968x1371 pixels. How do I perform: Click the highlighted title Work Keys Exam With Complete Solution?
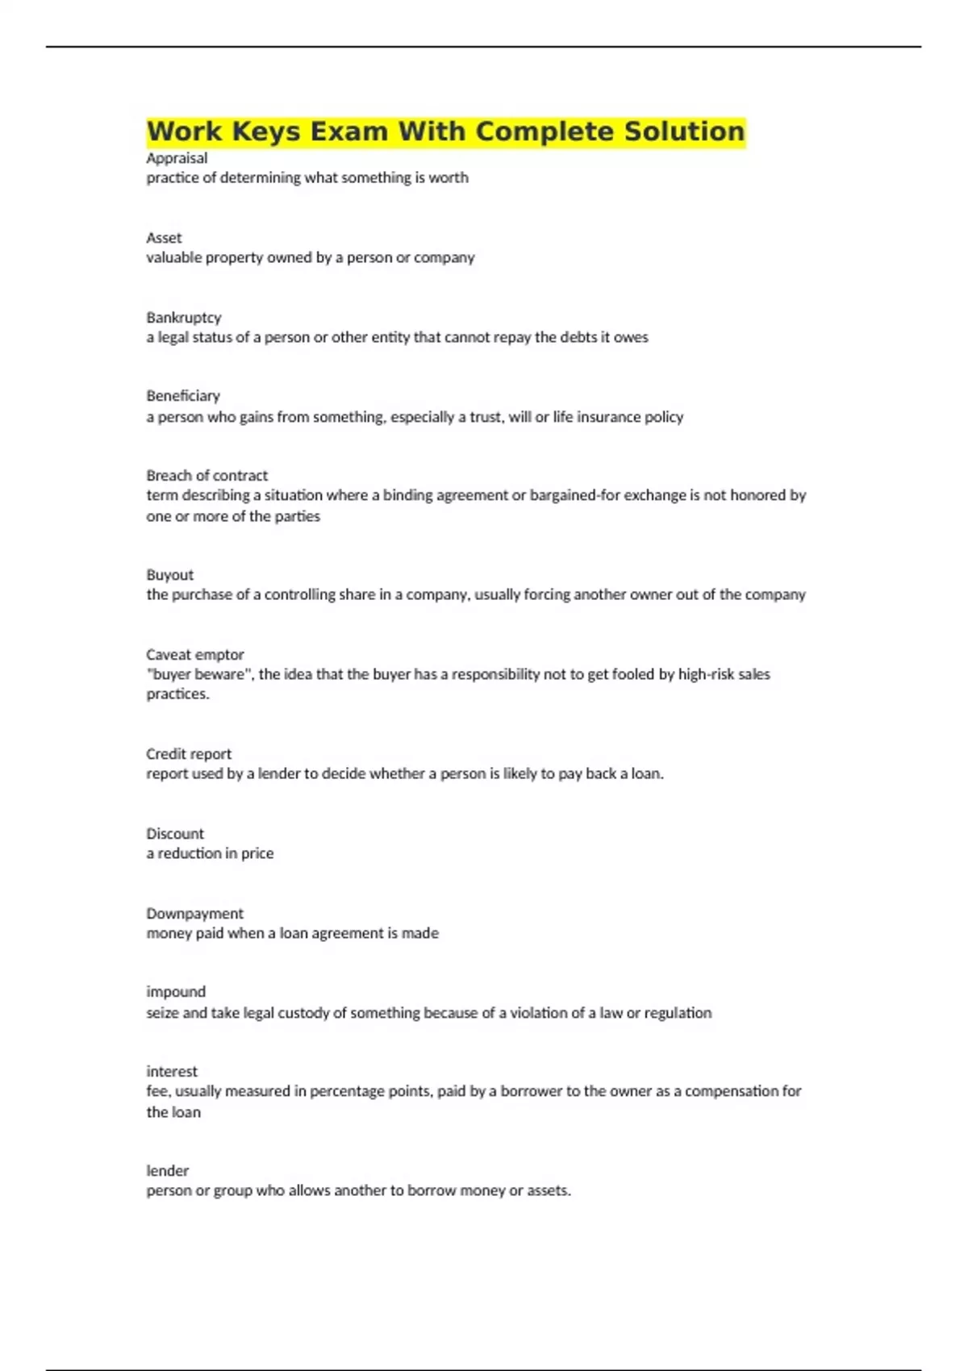point(445,131)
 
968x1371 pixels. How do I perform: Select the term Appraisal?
point(177,158)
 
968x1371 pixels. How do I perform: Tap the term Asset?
point(164,238)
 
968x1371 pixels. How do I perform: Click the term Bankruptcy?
point(183,318)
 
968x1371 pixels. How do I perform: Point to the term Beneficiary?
point(183,396)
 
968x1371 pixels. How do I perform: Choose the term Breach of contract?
point(207,476)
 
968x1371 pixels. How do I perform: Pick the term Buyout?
point(169,575)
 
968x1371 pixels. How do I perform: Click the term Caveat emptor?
point(194,655)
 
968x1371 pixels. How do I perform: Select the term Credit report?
point(188,754)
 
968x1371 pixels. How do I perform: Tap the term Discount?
point(174,834)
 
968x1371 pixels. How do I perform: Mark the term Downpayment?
point(194,914)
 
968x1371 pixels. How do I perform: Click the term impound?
point(176,992)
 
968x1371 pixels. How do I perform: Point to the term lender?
point(167,1171)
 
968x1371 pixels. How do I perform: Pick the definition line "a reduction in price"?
point(210,853)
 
